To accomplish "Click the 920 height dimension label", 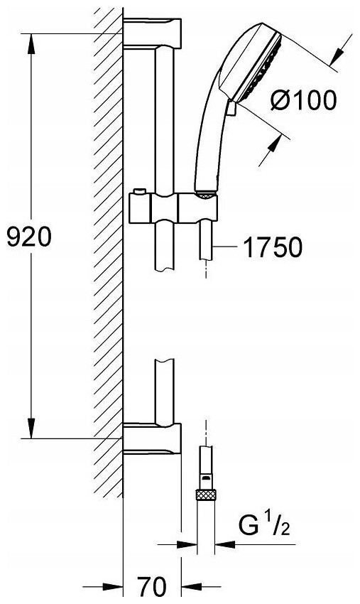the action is [x=29, y=237].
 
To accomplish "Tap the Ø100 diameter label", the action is [x=303, y=100].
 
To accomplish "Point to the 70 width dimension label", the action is [x=152, y=587].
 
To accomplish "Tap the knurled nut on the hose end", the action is [x=205, y=495].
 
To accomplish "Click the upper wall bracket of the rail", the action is [x=152, y=33].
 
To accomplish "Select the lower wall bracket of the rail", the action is [x=152, y=438].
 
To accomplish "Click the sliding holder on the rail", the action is [x=174, y=208].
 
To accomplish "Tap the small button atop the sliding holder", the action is [x=138, y=191].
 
